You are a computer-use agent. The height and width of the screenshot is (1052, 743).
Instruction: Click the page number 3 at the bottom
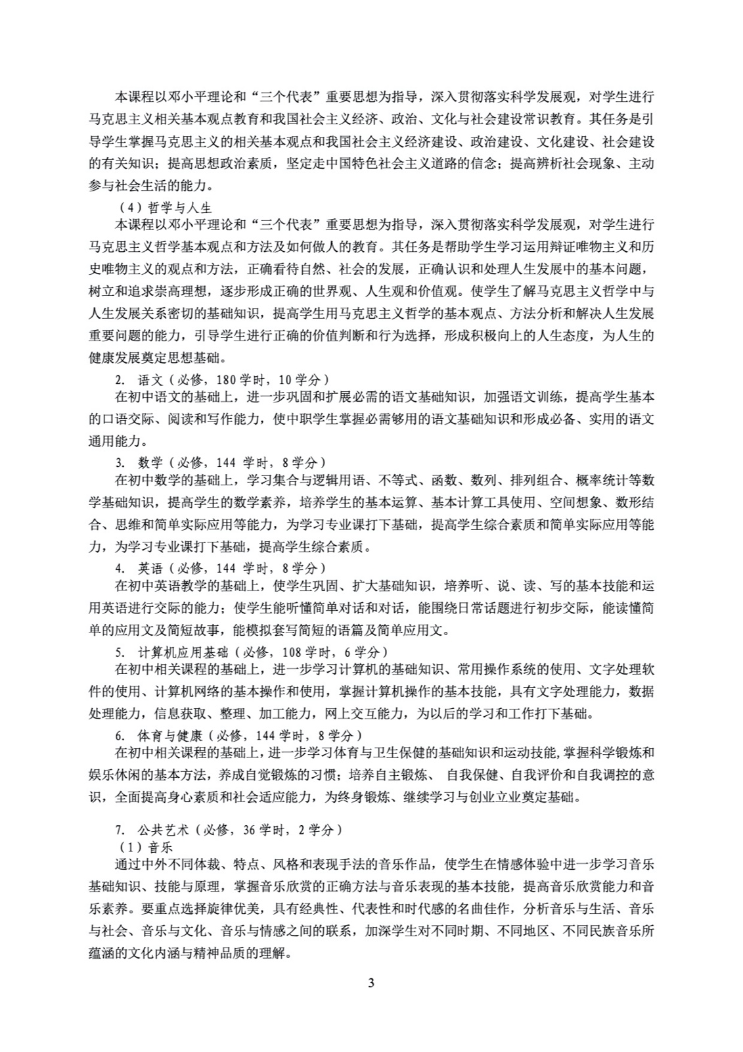point(371,1001)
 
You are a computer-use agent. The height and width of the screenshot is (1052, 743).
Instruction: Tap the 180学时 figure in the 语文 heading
point(237,379)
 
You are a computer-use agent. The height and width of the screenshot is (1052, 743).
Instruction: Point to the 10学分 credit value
point(302,379)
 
